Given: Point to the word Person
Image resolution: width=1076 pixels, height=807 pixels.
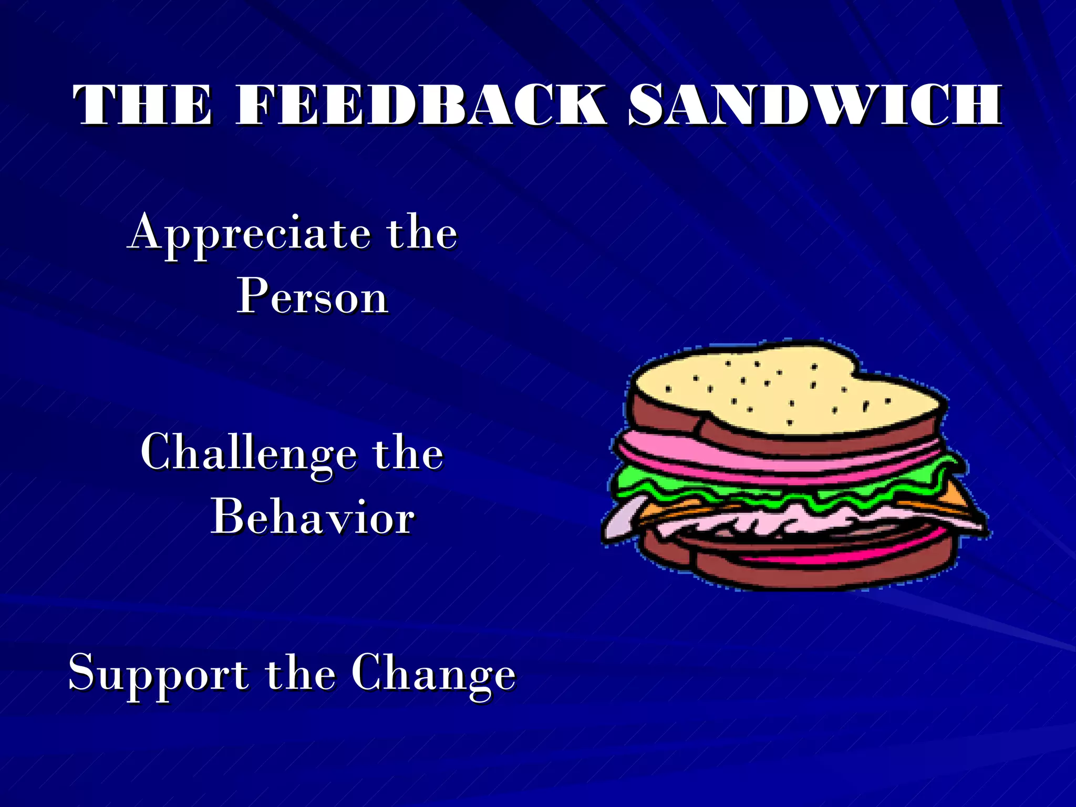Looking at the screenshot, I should coord(313,297).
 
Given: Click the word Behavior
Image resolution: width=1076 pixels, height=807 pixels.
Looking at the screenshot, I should coord(313,518).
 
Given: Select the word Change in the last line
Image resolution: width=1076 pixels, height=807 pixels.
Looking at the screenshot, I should coord(433,674).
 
